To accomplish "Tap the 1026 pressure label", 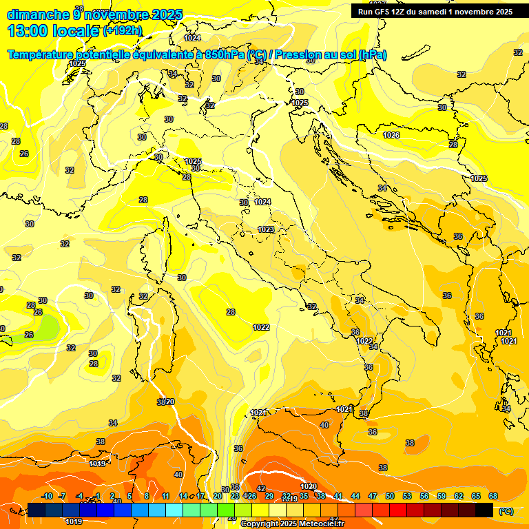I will click(x=391, y=135).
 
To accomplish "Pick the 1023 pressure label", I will click(x=266, y=229).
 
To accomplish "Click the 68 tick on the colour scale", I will click(x=493, y=496).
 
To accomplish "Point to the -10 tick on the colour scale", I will click(x=47, y=496).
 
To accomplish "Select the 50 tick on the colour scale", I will click(x=390, y=496).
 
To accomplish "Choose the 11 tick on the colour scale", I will click(x=166, y=496).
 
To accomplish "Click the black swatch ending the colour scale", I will click(x=484, y=510).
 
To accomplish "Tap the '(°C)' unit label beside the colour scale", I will click(x=506, y=510).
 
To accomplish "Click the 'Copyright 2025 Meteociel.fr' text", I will click(x=292, y=524).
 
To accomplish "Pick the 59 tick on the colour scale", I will click(x=442, y=496).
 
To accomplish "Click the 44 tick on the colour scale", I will click(x=355, y=496).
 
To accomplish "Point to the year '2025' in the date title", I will click(x=167, y=14).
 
